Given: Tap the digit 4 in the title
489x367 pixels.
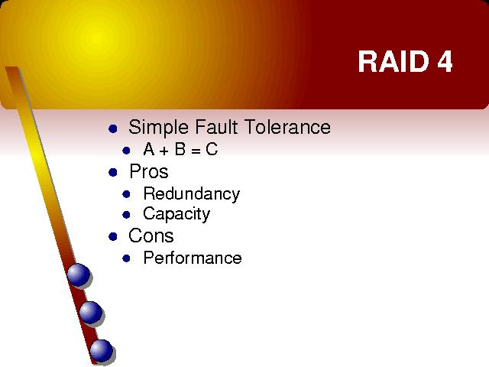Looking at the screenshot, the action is coord(445,61).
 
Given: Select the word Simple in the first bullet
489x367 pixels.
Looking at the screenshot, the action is coord(158,128).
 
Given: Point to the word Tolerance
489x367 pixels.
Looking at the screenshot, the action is coord(287,127).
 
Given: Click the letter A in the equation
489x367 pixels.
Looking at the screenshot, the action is coord(149,149).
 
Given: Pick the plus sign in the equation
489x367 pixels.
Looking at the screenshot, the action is coord(164,151).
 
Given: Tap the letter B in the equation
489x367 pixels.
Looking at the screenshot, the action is coord(180,149).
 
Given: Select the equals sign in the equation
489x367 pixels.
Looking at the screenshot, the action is coord(196,151).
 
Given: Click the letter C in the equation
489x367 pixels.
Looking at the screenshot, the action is coord(212,149).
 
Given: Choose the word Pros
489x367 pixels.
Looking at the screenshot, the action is coord(149,171).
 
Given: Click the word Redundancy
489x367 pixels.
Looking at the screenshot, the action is coord(192,194).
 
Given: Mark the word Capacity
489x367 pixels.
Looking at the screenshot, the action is coord(176,214).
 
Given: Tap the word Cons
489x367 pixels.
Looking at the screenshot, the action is coord(151,235).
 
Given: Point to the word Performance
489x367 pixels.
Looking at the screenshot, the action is coord(193,258).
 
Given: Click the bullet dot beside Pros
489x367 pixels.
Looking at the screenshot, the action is coord(113,172).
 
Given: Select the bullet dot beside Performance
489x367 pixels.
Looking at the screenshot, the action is coord(126,258).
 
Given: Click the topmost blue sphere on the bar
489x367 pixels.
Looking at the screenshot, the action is coord(79,274).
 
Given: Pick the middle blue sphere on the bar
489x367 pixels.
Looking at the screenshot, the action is coord(90,312).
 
